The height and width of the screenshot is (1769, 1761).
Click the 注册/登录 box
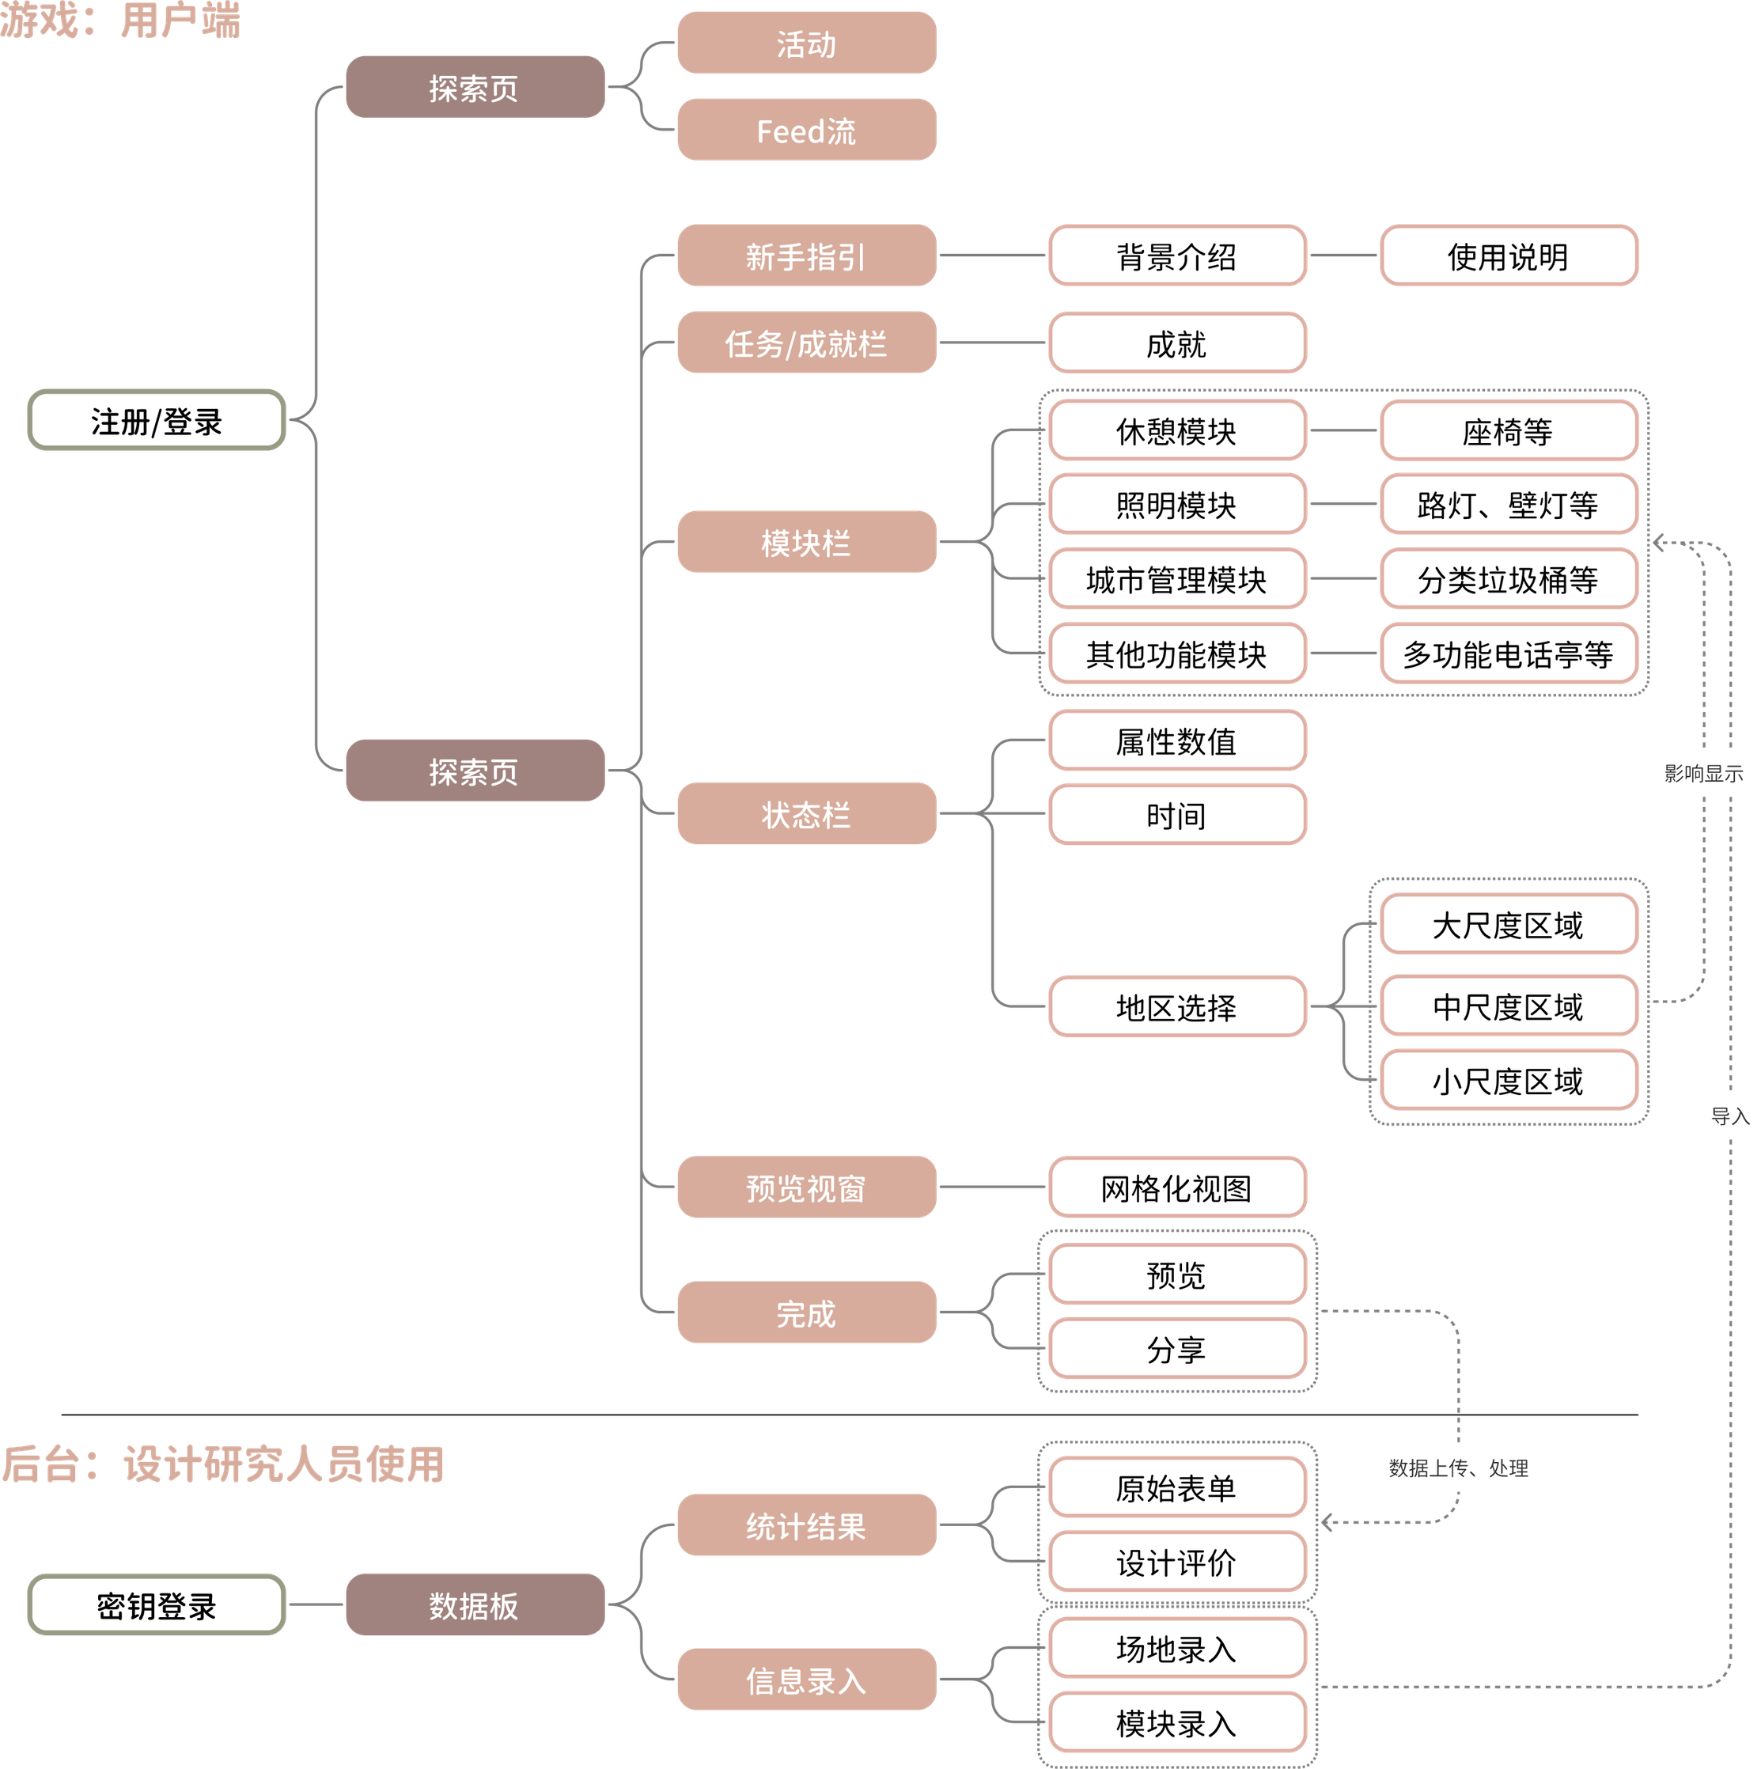(156, 420)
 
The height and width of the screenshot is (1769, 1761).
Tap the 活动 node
(806, 43)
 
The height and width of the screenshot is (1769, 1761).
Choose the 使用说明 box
(1507, 256)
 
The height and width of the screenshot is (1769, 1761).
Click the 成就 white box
(1176, 343)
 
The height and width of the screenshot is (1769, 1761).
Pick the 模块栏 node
(806, 542)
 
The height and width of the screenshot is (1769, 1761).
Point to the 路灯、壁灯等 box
(1507, 505)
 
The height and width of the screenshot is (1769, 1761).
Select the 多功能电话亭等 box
(1507, 653)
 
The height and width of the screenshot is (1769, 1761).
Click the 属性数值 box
(1176, 741)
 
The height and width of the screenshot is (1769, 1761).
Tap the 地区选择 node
(1176, 1007)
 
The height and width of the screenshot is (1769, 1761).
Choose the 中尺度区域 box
(1507, 1006)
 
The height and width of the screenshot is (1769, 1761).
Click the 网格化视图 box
(1176, 1188)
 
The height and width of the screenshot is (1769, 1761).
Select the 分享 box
(1176, 1349)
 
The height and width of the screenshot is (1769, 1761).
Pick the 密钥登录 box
(156, 1605)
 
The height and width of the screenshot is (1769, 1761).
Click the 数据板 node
(473, 1605)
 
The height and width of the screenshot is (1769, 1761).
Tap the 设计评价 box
(1176, 1562)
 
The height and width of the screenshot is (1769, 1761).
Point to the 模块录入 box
(1176, 1723)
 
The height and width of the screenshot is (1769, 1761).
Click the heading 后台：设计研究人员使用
(223, 1463)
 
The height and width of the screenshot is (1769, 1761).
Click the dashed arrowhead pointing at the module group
(1658, 544)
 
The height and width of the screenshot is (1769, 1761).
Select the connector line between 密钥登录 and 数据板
(315, 1605)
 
